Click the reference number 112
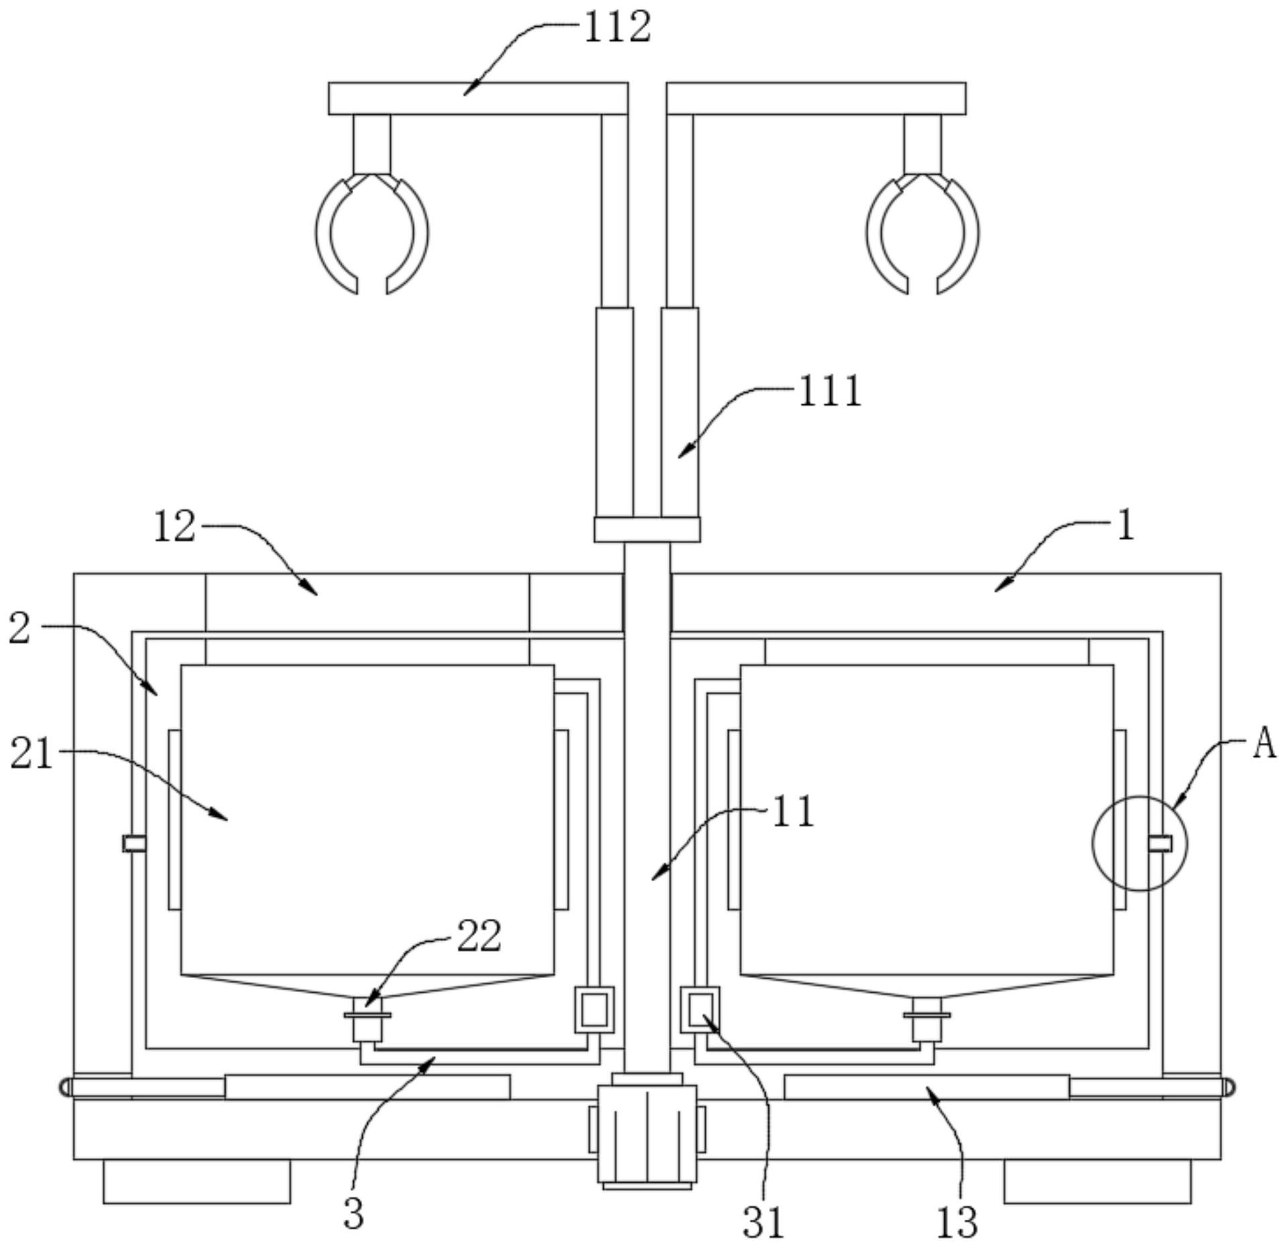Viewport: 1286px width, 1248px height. pyautogui.click(x=618, y=28)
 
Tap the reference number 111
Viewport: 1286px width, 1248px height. pyautogui.click(x=830, y=392)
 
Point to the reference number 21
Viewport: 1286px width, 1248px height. pyautogui.click(x=31, y=753)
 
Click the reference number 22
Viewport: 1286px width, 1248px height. pyautogui.click(x=479, y=936)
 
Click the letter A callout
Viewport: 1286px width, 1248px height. pyautogui.click(x=1265, y=744)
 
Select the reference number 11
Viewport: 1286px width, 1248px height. pyautogui.click(x=793, y=811)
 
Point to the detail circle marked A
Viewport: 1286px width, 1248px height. pyautogui.click(x=1140, y=843)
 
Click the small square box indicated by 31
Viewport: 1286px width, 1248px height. pyautogui.click(x=700, y=1010)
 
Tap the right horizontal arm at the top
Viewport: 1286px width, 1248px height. pyautogui.click(x=817, y=99)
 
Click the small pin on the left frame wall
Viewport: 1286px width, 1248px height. pyautogui.click(x=134, y=843)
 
